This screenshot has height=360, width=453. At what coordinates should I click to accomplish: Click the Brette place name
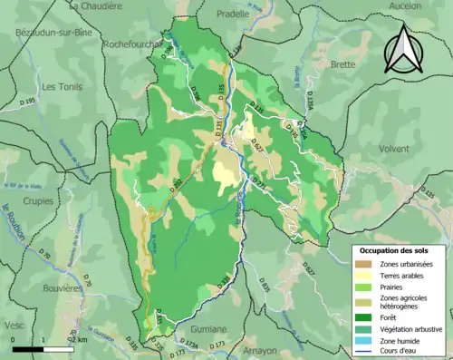(343, 65)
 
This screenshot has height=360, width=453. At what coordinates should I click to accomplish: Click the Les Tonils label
(63, 87)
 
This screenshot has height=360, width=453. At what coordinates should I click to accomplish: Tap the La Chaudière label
(97, 5)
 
